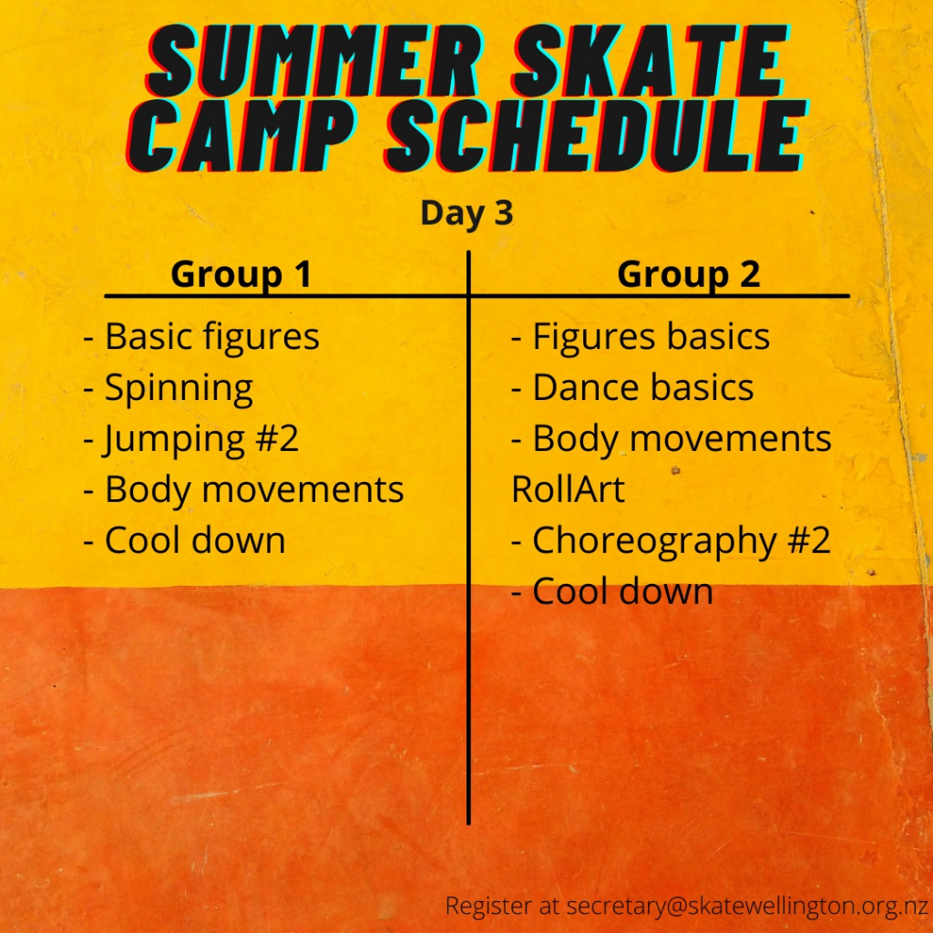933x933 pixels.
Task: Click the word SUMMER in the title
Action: (313, 61)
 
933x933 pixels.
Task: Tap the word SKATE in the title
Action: (651, 61)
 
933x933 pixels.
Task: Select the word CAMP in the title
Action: (241, 137)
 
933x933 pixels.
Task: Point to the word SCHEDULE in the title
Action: (597, 137)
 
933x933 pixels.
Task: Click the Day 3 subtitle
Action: (466, 213)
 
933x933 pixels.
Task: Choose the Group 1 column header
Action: (241, 274)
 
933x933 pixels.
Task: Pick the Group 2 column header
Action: (689, 274)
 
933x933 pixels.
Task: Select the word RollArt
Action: (568, 489)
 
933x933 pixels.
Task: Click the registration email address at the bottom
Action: (747, 907)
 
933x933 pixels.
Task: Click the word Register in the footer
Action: (488, 907)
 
